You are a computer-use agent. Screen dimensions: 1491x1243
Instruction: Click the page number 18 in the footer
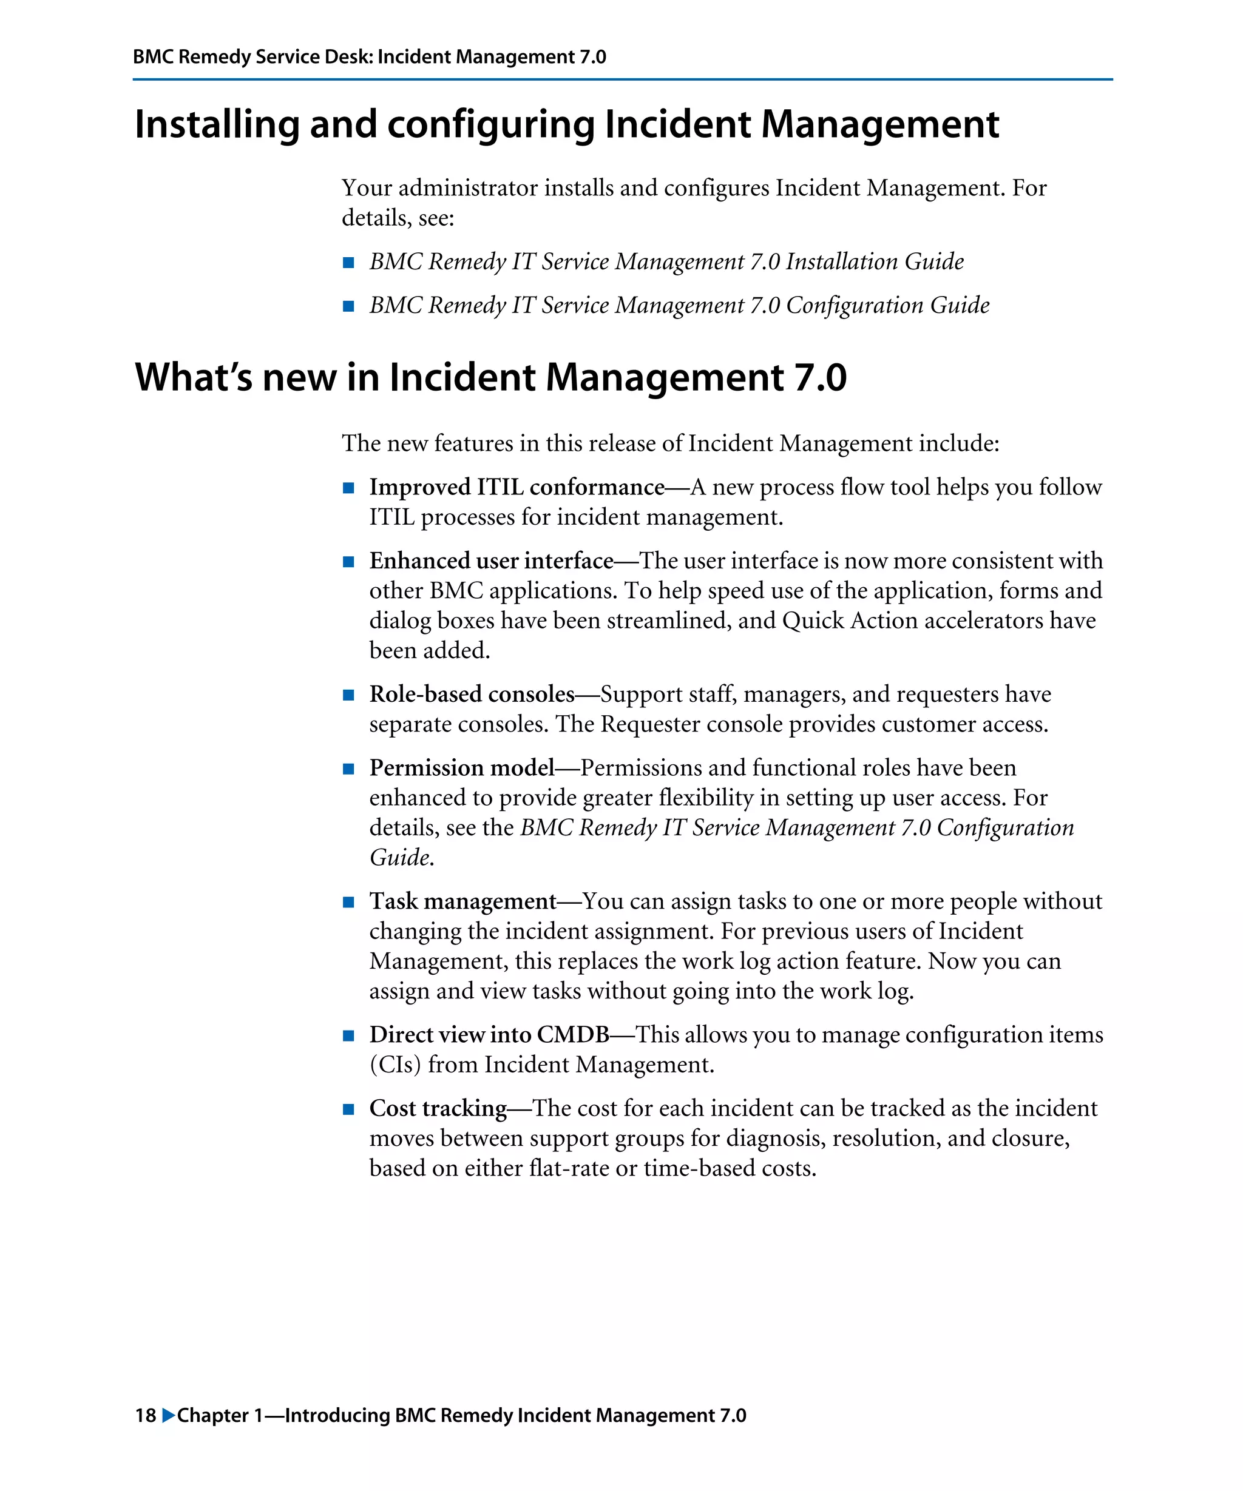(x=145, y=1415)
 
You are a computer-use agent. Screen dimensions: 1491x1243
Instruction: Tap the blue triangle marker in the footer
(x=168, y=1415)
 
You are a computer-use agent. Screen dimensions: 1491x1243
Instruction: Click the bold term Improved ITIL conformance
(x=517, y=487)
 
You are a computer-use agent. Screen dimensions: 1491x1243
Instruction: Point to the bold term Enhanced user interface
(x=491, y=561)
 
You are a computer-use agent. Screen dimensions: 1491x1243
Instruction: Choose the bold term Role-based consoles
(x=472, y=694)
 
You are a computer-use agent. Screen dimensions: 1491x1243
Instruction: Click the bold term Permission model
(x=462, y=767)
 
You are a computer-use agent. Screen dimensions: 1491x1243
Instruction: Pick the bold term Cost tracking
(x=438, y=1108)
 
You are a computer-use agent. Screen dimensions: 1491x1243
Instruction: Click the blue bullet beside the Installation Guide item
(x=348, y=263)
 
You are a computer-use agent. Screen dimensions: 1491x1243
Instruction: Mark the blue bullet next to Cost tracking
(x=348, y=1109)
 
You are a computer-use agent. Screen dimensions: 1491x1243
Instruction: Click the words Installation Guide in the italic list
(x=875, y=262)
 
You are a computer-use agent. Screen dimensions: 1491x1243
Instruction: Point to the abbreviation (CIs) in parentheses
(x=395, y=1065)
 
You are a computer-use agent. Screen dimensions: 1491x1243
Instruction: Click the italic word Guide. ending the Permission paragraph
(x=401, y=858)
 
